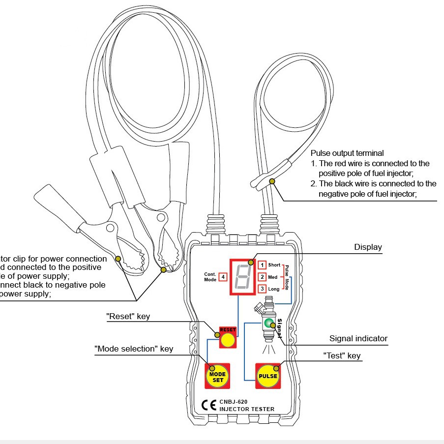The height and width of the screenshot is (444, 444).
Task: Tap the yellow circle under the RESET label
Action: coord(227,340)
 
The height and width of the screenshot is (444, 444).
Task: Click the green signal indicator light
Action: coord(268,324)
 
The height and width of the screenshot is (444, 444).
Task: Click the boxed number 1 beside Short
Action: coord(263,265)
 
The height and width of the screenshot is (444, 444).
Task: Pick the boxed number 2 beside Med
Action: coord(263,277)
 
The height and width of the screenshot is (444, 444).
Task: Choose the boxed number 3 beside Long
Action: coord(263,289)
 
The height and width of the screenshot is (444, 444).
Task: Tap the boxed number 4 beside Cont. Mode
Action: coord(223,277)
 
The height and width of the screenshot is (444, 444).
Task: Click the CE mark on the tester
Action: coord(209,405)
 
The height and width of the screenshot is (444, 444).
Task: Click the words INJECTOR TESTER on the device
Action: coord(247,409)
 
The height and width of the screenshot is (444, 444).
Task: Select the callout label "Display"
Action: coord(368,247)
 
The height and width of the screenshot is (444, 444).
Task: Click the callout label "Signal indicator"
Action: coord(358,338)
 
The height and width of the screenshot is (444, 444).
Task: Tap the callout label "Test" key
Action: coord(341,355)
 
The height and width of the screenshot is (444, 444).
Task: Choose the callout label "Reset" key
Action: coord(128,317)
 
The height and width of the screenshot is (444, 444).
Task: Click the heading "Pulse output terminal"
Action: coord(347,153)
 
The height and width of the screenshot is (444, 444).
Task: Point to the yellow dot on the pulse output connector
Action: coord(271,181)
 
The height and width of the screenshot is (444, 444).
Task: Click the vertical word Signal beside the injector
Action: coord(279,327)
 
